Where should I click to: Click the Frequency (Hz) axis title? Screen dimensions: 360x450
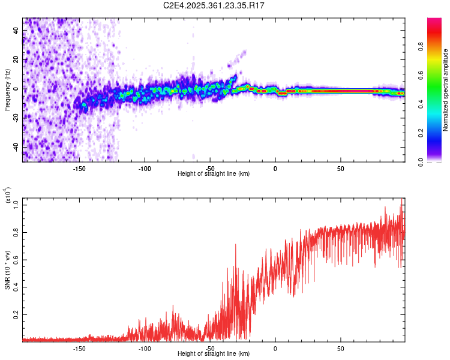[7, 90]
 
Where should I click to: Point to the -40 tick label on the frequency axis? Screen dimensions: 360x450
[15, 147]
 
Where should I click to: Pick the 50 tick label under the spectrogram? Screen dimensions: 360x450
[340, 168]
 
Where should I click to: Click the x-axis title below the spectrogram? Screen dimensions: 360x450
[214, 173]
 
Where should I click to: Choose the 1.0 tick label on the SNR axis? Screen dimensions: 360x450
[15, 205]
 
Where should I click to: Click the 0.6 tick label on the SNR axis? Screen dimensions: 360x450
[15, 259]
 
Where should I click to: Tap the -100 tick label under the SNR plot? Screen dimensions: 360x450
[144, 348]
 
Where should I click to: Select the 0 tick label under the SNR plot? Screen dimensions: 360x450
[275, 348]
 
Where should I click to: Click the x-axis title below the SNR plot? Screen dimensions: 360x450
[214, 354]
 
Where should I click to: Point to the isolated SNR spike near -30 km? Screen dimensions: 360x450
[235, 246]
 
